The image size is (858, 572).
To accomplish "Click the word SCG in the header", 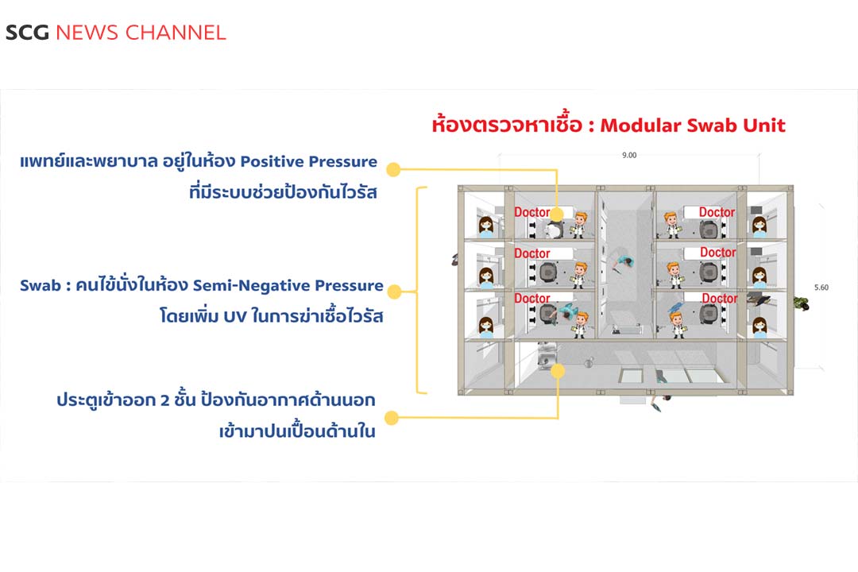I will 27,33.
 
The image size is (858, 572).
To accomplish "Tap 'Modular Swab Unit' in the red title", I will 693,125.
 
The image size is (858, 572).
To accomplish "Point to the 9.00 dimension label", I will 628,155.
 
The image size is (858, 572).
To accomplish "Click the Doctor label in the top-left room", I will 532,212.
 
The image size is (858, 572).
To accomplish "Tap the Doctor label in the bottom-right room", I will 719,299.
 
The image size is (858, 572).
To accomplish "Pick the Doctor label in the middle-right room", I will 718,253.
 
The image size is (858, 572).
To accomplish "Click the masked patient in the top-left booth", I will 484,226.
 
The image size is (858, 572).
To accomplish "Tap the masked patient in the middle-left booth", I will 484,275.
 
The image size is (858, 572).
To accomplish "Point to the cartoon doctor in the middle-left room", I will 581,272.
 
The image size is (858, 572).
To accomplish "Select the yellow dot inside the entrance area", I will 558,370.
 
